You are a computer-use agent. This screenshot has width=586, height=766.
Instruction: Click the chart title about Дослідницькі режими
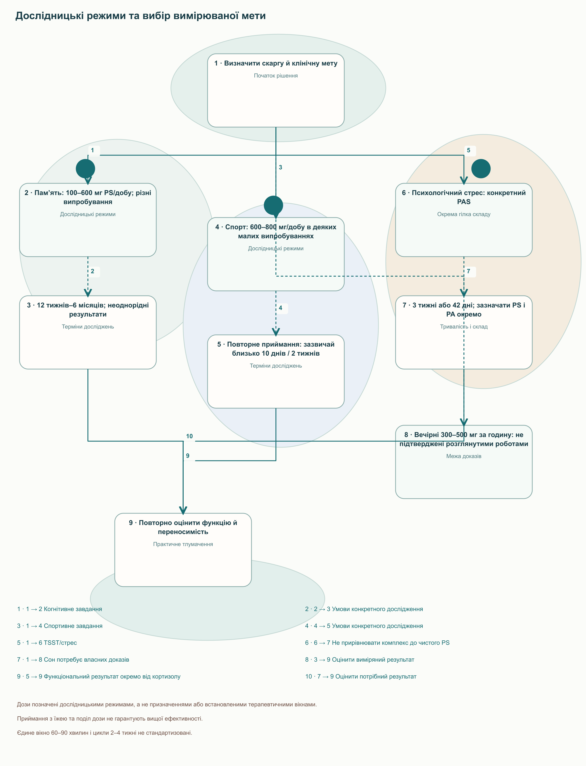(141, 16)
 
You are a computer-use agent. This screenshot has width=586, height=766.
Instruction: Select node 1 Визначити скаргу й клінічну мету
(276, 90)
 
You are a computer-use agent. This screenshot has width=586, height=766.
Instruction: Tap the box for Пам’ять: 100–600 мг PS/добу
(88, 220)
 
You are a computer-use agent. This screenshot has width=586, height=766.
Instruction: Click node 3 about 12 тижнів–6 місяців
(88, 332)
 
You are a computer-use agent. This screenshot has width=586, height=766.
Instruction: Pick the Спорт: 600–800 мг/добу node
(276, 254)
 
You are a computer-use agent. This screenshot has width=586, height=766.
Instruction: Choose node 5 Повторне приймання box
(276, 372)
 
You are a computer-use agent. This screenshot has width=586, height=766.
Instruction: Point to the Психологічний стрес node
(464, 220)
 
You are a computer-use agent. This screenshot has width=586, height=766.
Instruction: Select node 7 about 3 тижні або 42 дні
(464, 332)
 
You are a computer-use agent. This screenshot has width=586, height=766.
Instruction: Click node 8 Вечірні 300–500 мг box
(464, 462)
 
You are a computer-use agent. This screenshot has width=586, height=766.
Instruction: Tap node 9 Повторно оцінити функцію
(183, 550)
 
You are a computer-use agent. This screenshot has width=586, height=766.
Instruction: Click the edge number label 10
(189, 436)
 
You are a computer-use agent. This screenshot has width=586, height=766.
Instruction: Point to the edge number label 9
(188, 456)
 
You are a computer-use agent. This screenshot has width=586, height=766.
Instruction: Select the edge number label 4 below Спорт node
(281, 308)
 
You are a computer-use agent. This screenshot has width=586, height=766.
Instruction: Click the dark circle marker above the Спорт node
(273, 205)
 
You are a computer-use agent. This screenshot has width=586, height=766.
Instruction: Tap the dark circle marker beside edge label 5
(481, 169)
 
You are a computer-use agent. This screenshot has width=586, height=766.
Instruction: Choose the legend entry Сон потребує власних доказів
(73, 659)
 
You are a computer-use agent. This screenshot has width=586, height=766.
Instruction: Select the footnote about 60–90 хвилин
(105, 733)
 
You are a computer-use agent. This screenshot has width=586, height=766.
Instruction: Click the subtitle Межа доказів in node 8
(464, 456)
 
